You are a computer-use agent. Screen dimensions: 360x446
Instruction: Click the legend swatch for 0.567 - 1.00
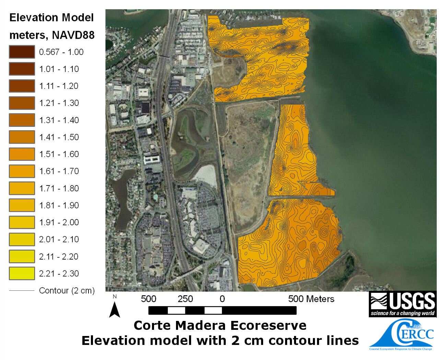coord(22,52)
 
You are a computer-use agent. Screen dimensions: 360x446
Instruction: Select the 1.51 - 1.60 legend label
coord(59,154)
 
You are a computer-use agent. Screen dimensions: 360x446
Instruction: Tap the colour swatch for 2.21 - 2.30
coord(22,273)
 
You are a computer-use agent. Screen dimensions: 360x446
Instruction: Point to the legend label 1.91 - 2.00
coord(59,222)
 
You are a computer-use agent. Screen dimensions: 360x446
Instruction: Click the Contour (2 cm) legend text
coord(67,291)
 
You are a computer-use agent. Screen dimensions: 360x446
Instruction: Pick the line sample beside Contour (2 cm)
coord(22,291)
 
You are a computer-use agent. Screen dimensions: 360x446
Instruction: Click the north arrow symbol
coord(115,308)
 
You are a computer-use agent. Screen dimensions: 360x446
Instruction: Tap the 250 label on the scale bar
coord(185,299)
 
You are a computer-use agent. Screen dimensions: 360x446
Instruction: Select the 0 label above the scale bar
coord(222,299)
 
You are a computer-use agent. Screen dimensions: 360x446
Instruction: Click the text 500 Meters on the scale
coord(311,299)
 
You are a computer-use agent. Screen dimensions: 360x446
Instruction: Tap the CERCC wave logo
coord(401,335)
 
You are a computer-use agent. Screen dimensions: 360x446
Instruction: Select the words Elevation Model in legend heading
coord(51,17)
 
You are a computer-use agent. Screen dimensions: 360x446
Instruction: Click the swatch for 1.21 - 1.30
coord(22,103)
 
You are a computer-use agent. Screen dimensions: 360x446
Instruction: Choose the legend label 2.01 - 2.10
coord(59,239)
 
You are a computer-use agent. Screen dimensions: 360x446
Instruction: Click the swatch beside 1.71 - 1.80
coord(22,188)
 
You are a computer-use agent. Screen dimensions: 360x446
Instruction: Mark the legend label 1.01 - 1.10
coord(59,69)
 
